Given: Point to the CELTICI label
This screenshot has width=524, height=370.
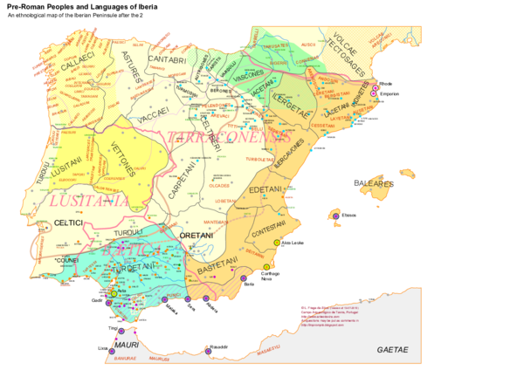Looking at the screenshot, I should pyautogui.click(x=67, y=223).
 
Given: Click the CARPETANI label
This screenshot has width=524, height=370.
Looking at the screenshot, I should pyautogui.click(x=179, y=182).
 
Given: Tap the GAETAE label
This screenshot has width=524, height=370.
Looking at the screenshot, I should pyautogui.click(x=392, y=349).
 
